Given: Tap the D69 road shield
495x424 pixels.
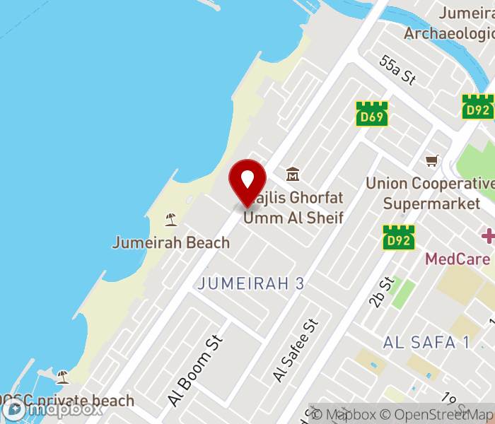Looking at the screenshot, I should point(371,114).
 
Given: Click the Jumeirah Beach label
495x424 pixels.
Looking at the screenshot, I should point(171,242).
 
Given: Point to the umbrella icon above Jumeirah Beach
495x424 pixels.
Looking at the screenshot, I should point(170,219).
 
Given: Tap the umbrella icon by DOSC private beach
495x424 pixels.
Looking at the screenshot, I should point(62,376).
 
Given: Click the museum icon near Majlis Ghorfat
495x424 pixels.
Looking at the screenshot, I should point(292,174).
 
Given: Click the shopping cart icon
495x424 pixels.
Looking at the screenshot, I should point(431,160).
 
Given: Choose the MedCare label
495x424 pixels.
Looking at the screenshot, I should point(457,259).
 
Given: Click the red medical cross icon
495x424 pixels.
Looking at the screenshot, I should point(488,235).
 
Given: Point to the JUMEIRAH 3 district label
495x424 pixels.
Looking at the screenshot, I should point(251,283).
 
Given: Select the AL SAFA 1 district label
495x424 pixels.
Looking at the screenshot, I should point(426,342).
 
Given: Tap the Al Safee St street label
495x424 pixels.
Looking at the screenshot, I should point(296,351).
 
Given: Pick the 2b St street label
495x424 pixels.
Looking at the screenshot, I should point(380,293).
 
